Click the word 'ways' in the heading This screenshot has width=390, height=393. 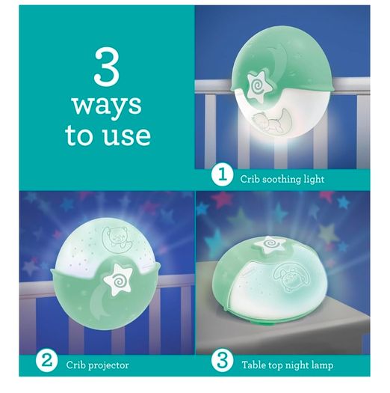pos(107,105)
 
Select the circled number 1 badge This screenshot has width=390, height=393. pos(222,176)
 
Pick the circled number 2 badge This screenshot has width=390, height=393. pos(46,362)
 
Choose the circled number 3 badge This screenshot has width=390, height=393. pos(222,362)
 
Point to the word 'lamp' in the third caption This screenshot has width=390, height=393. pos(323,366)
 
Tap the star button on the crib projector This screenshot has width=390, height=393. pos(117,279)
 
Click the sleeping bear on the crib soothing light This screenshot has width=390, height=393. pos(267,121)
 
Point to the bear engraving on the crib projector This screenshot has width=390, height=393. pos(116,239)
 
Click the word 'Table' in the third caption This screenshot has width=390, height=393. pos(253,365)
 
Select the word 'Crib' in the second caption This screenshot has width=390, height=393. pos(75,365)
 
